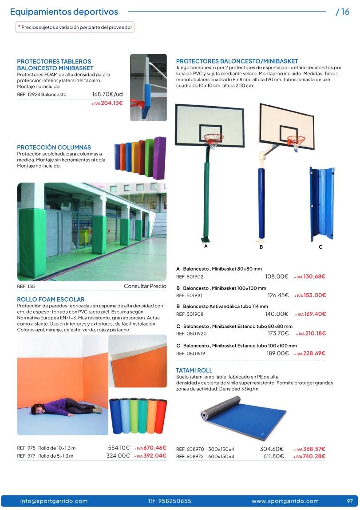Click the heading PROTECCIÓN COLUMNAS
point(54,147)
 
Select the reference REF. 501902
point(190,276)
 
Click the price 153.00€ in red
point(315,295)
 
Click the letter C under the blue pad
point(320,247)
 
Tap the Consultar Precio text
point(145,287)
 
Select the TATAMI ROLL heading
point(194,370)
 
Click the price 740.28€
point(314,456)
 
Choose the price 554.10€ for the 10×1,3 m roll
point(119,448)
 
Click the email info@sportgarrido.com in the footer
point(54,501)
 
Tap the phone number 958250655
point(170,501)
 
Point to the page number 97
point(350,501)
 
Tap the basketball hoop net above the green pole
point(214,141)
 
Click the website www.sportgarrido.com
point(285,501)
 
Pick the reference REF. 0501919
point(191,354)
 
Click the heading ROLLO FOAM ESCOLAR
point(51,299)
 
